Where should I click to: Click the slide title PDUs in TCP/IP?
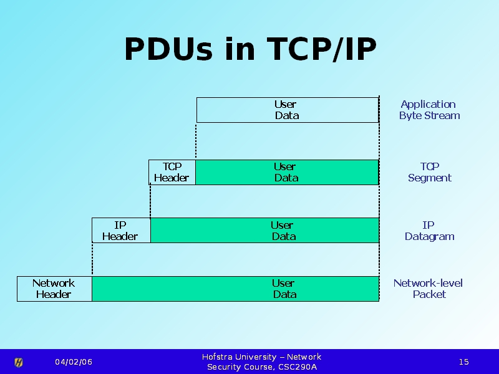(x=250, y=50)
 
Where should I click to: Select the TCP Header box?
(x=172, y=172)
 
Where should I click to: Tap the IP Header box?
(x=120, y=231)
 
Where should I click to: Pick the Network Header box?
(x=54, y=289)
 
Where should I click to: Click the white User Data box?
(x=287, y=110)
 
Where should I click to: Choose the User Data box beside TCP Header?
(x=286, y=172)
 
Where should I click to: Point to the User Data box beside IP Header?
(x=264, y=231)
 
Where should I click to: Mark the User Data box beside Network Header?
(x=235, y=289)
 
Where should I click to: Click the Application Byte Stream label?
(x=429, y=110)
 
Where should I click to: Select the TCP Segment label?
(x=429, y=172)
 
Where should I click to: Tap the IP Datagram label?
(x=429, y=231)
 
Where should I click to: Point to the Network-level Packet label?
(x=429, y=289)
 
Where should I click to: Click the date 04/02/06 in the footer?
(x=74, y=362)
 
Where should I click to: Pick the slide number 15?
(x=463, y=362)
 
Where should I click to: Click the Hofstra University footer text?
(x=262, y=362)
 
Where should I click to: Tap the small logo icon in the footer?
(x=19, y=362)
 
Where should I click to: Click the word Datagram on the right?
(x=429, y=237)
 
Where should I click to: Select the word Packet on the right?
(x=429, y=295)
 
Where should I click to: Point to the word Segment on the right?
(x=429, y=178)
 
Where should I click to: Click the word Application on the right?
(x=428, y=104)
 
